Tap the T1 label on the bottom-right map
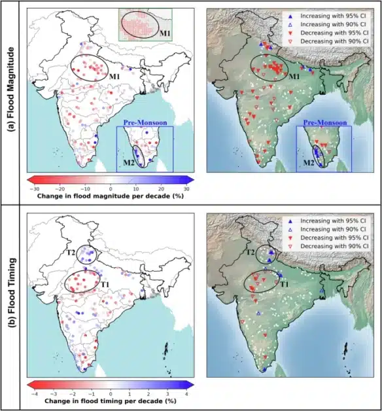tap(285, 286)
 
